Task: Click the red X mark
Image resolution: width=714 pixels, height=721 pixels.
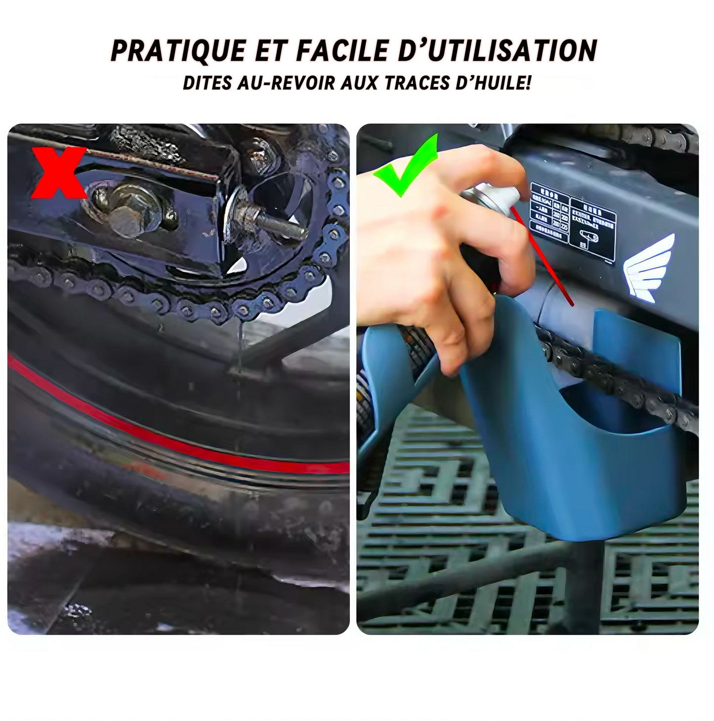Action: point(59,173)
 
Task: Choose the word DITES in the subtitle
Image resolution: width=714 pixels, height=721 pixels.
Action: point(207,83)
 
